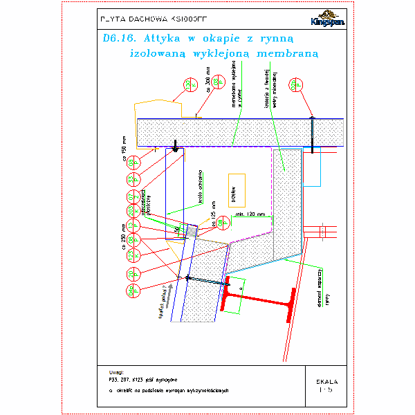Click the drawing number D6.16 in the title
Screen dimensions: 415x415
point(116,39)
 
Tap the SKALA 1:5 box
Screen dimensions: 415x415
point(326,385)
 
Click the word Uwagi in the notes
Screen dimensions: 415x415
point(109,372)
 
